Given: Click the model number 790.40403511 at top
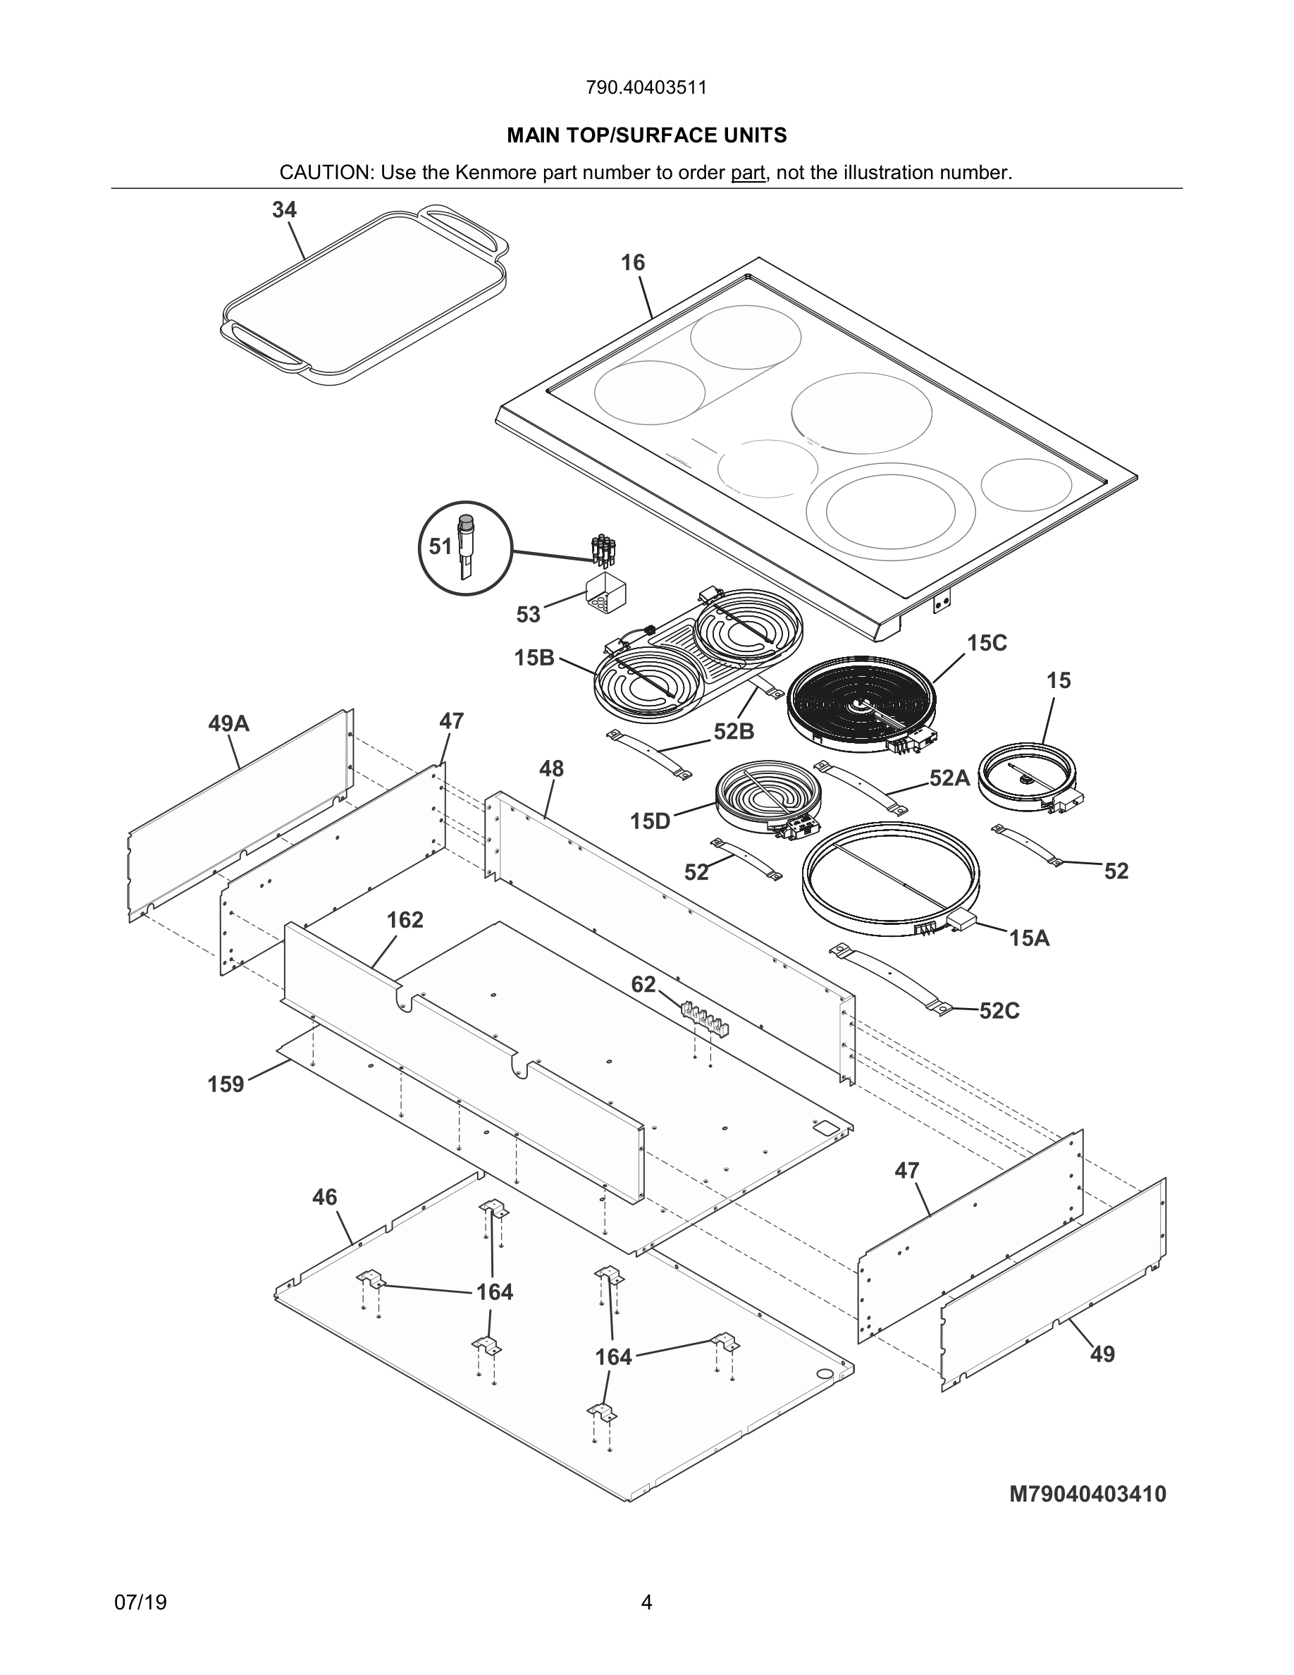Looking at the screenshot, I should pos(646,87).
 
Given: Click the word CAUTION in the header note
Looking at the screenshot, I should pos(324,173).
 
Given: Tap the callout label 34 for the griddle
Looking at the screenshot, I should pos(285,210).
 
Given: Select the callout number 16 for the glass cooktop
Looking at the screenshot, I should pos(632,263).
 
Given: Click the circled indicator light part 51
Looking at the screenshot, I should pos(465,548).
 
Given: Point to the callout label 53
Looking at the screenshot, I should pos(528,614).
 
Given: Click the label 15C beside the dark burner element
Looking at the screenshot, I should pos(987,643).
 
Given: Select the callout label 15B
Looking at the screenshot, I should pos(534,658).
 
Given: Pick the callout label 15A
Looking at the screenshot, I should pos(1029,937).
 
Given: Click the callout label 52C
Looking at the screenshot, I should pos(999,1011).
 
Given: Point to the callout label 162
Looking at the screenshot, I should pos(405,919).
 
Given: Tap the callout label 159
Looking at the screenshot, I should pos(226,1084).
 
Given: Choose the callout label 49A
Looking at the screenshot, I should pos(228,723).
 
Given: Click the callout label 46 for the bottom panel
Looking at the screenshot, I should pos(324,1197).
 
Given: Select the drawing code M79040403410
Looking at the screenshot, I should pos(1087,1494).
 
